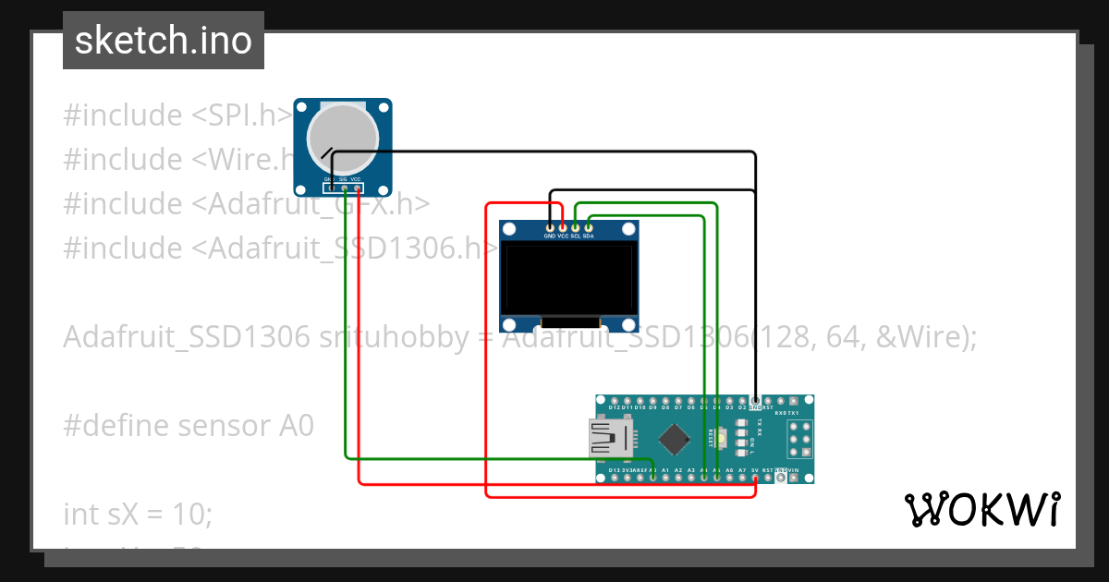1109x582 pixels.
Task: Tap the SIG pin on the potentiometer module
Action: click(345, 188)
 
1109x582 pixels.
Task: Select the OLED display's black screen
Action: click(568, 278)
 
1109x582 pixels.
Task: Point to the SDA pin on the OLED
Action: click(589, 227)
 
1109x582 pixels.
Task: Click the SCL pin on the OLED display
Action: click(576, 227)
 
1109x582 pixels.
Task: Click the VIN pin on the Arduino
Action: click(794, 478)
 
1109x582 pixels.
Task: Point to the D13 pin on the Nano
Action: click(615, 478)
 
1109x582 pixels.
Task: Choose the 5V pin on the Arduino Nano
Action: click(755, 478)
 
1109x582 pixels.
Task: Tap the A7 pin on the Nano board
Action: click(742, 478)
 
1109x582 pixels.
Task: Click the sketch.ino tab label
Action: click(164, 41)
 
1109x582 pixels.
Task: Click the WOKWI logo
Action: click(981, 509)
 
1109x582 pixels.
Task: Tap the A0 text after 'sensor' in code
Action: click(295, 426)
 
